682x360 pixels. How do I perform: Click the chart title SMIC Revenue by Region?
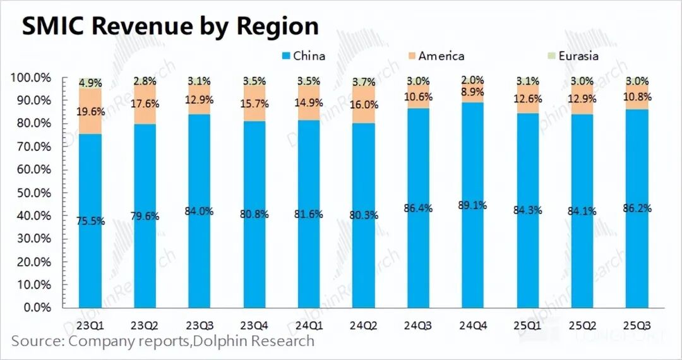pos(170,27)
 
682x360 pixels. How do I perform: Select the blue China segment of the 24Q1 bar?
pos(309,253)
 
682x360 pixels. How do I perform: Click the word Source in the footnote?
pos(37,342)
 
